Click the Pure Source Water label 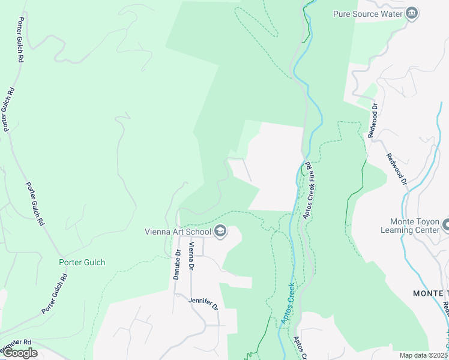coord(368,14)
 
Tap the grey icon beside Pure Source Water coord(411,14)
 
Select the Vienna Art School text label coord(178,232)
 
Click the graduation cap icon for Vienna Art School coord(220,232)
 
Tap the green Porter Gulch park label coord(82,262)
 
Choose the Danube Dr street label coord(178,265)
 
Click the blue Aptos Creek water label coord(287,305)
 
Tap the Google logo coord(20,353)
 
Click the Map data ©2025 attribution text coord(424,355)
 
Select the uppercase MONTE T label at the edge coord(430,293)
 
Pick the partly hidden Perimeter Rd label coord(14,346)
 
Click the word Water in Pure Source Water coord(390,14)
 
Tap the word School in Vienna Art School coord(199,232)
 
